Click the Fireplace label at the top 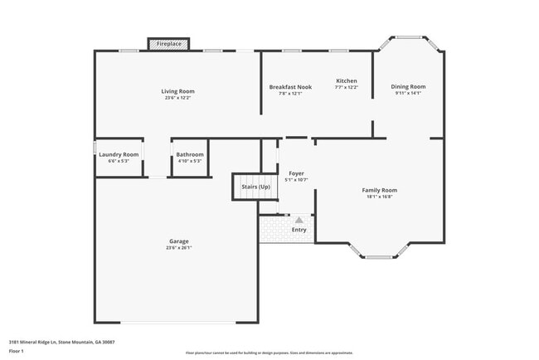pos(169,43)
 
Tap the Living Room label pos(177,91)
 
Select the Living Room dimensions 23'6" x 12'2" pos(177,98)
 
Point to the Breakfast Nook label pos(290,87)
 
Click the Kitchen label pos(346,80)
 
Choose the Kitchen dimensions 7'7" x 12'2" pos(346,87)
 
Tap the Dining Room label pos(408,86)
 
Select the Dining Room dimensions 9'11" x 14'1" pos(408,93)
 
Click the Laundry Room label pos(119,154)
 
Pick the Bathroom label pos(189,154)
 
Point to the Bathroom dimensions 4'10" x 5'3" pos(189,161)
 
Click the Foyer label pos(296,173)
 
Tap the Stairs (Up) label pos(255,187)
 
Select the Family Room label pos(380,190)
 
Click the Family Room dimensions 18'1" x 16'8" pos(380,197)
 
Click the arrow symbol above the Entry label pos(299,220)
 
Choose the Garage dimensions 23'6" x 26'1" pos(179,247)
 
